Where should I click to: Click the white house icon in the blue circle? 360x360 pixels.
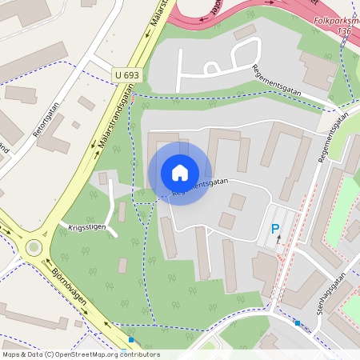[x=180, y=173]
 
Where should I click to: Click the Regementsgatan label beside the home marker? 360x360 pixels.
[x=200, y=186]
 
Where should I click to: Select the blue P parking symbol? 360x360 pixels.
[x=275, y=230]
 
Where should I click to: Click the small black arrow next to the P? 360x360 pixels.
[x=279, y=240]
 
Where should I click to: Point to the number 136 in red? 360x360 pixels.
[x=345, y=30]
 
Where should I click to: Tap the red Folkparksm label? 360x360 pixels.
[x=335, y=22]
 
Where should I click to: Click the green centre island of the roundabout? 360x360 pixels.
[x=33, y=247]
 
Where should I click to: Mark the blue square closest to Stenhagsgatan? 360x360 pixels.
[x=297, y=323]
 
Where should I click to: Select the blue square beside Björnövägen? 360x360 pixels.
[x=131, y=339]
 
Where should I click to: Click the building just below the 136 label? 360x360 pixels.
[x=319, y=70]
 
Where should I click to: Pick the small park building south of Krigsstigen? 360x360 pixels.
[x=122, y=266]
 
